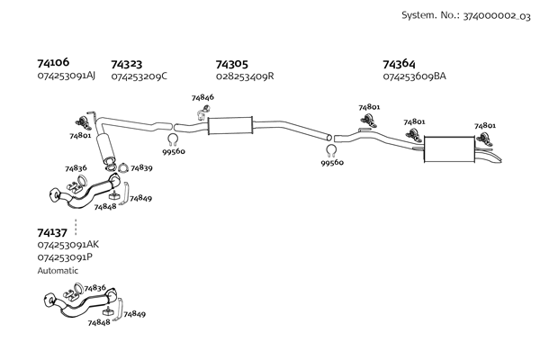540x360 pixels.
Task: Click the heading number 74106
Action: tap(53, 62)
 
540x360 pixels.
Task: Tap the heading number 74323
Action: tap(127, 64)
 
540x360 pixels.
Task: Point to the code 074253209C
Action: tap(139, 76)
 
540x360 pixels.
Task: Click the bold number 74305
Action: tap(232, 64)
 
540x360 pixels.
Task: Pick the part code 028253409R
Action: tap(245, 76)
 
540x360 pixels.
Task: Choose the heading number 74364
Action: tap(399, 64)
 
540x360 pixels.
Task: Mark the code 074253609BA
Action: tap(415, 76)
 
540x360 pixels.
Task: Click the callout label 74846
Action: tap(202, 97)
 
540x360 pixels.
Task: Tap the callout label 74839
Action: tap(141, 167)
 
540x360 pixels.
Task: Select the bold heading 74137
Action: tap(53, 232)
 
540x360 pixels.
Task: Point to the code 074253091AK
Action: tap(68, 245)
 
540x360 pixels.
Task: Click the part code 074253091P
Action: tap(65, 257)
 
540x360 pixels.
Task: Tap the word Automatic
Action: tap(58, 270)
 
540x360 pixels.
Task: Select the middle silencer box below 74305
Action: tap(229, 125)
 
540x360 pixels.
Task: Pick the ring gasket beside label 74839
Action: tap(122, 167)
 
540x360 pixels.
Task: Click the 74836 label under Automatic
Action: tap(94, 287)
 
